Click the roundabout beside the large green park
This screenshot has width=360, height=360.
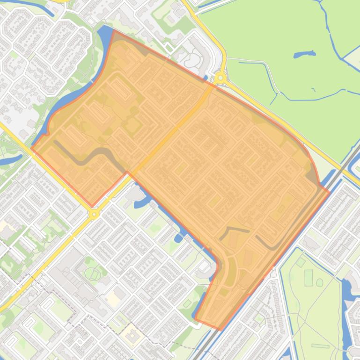click(x=220, y=78)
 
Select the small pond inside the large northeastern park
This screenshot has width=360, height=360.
click(x=298, y=55)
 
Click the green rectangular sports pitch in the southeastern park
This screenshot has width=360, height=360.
click(x=309, y=278)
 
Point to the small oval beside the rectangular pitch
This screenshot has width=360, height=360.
click(x=320, y=282)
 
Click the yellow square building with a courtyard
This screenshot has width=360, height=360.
click(x=132, y=335)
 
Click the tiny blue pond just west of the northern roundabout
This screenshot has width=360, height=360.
click(x=205, y=78)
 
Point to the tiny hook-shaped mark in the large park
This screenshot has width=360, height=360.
click(x=313, y=90)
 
